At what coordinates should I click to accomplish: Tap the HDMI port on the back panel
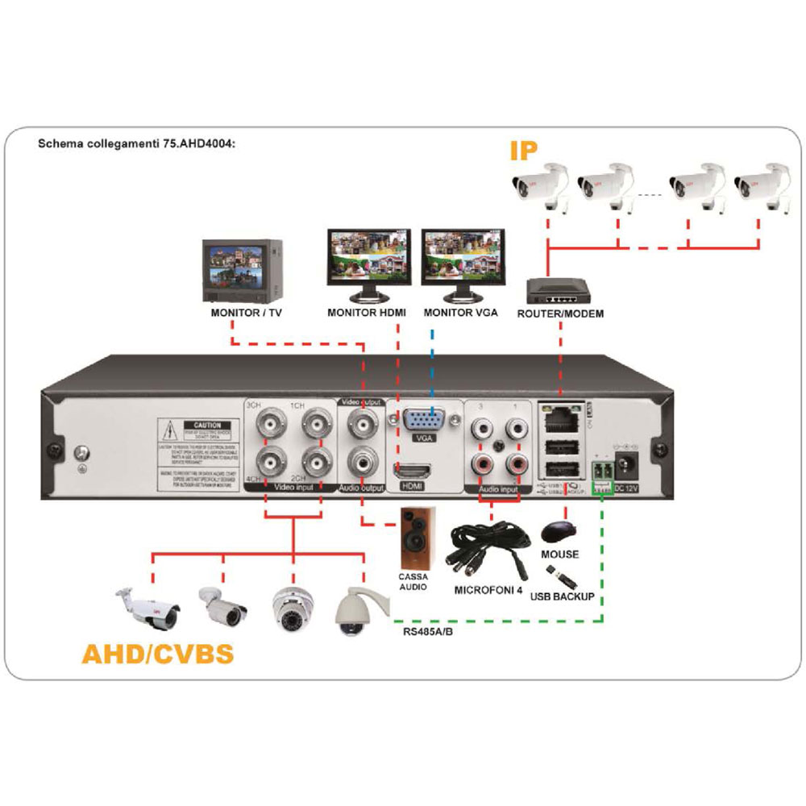pos(411,471)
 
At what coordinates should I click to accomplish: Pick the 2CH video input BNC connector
pos(314,463)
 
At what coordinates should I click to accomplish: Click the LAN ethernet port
pos(561,418)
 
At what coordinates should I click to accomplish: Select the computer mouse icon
pos(559,530)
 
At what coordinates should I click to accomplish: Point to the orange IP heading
pos(523,152)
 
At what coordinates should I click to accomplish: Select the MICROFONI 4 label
pos(488,590)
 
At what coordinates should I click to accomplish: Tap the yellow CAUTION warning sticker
pos(201,451)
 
